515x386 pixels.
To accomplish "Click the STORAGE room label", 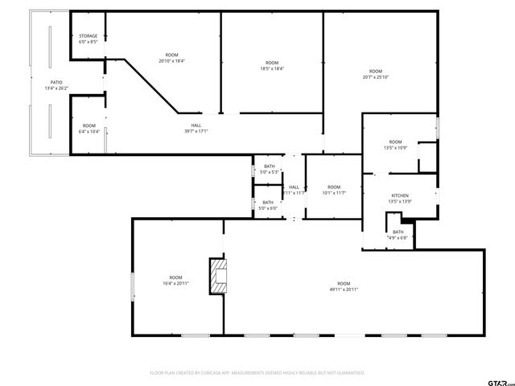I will (88, 36).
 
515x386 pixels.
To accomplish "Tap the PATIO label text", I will (56, 82).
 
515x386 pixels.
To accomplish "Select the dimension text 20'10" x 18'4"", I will (171, 60).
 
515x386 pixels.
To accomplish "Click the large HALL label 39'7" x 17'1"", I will (196, 130).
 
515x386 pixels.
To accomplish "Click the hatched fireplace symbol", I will (217, 275).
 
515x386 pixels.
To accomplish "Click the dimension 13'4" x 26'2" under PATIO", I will (56, 88).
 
